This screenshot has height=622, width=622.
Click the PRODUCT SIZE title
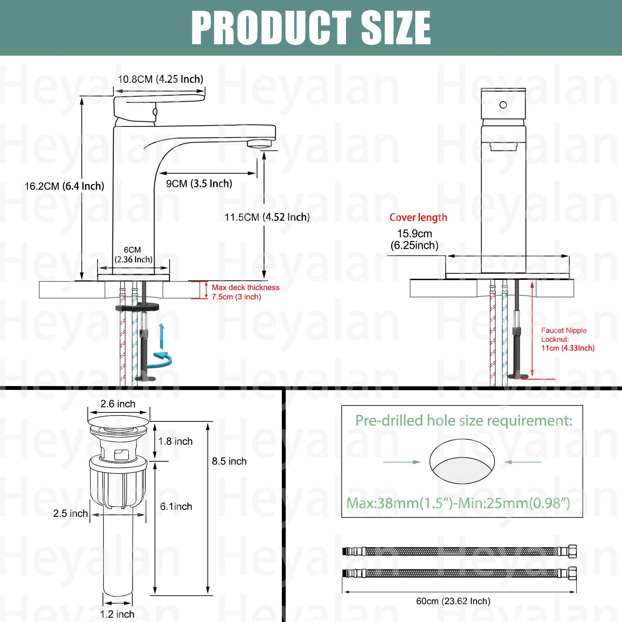click(x=311, y=28)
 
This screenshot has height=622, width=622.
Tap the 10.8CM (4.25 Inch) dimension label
click(x=161, y=79)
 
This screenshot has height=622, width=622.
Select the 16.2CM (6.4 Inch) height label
click(x=65, y=186)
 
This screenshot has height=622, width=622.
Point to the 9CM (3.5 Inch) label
click(x=199, y=183)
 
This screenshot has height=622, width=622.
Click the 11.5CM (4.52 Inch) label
click(x=267, y=217)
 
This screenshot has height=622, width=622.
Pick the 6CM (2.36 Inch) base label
click(x=133, y=255)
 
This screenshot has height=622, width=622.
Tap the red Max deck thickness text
click(x=246, y=292)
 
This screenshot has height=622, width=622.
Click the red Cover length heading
click(x=418, y=217)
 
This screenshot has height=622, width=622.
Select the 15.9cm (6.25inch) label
click(x=414, y=239)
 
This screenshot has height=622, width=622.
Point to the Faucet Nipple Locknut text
click(x=568, y=339)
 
